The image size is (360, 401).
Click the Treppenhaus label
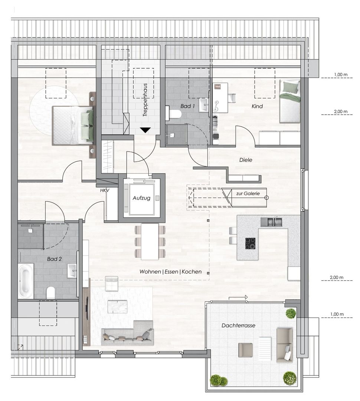[145, 100]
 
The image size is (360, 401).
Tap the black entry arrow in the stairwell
[145, 130]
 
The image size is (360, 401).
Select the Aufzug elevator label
[141, 198]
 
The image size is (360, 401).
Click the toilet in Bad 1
[173, 113]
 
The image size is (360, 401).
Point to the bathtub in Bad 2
[26, 281]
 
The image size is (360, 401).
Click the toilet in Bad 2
[50, 293]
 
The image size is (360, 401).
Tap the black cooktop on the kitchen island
[250, 243]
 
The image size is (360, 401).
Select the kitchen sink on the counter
[271, 222]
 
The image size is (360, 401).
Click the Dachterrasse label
[238, 326]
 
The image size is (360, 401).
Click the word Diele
[246, 160]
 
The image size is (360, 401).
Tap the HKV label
[105, 190]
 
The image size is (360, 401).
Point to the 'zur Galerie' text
[248, 193]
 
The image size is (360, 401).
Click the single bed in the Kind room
[290, 101]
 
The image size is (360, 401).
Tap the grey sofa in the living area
[128, 333]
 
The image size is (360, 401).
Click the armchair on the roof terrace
[245, 350]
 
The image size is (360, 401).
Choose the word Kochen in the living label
[192, 271]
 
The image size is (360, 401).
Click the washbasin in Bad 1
[204, 105]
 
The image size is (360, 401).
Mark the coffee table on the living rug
[117, 306]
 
